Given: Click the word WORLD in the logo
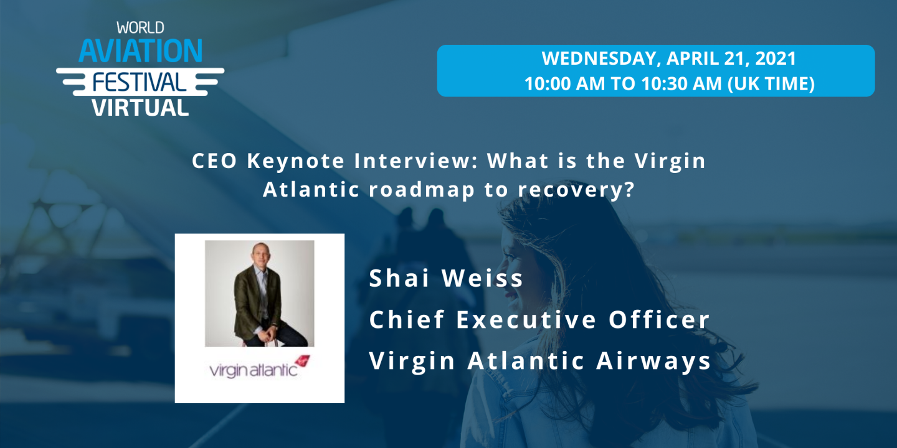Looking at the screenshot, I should [x=140, y=28].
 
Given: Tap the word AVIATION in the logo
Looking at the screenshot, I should [x=140, y=50].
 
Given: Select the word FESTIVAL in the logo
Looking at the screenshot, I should [x=140, y=82].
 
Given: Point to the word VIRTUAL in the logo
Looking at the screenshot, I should [x=140, y=107].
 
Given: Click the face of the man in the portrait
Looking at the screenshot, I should [x=259, y=261].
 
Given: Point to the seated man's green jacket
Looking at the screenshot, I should [x=249, y=302].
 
